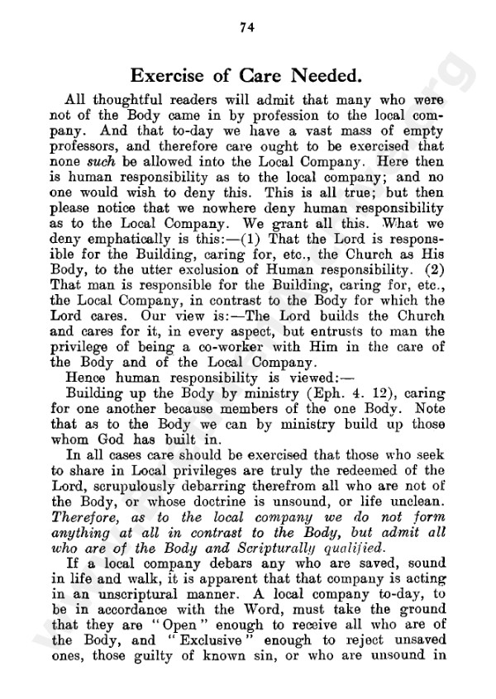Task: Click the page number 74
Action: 245,26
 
